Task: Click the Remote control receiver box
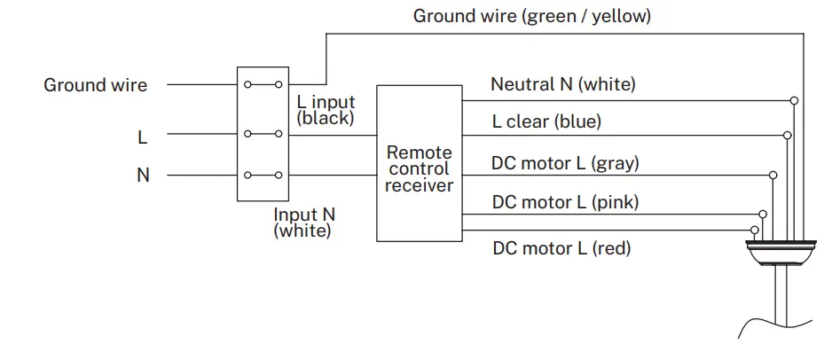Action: (419, 163)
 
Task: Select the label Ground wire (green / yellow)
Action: (531, 16)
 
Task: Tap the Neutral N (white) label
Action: (562, 85)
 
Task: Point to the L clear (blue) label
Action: (546, 122)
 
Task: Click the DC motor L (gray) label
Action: (565, 163)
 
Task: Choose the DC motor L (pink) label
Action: (565, 202)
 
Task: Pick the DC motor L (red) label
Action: (561, 247)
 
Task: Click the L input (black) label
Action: (326, 110)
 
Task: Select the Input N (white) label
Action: (303, 223)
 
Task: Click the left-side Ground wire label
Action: (96, 86)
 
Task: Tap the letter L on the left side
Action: (142, 137)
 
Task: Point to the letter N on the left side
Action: (142, 176)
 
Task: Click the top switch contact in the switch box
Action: (263, 85)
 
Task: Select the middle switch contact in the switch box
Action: (263, 135)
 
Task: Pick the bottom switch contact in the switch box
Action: (263, 175)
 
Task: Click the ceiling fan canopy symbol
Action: (780, 252)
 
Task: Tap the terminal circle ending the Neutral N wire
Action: (795, 100)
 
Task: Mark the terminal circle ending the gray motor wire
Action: (773, 176)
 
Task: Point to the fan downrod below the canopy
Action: (781, 301)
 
